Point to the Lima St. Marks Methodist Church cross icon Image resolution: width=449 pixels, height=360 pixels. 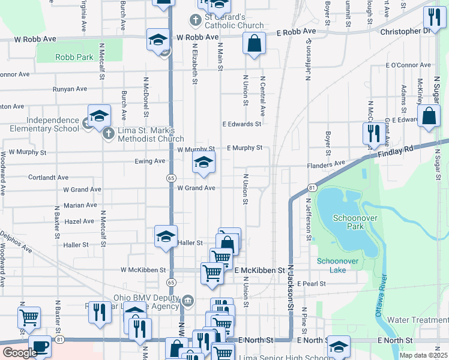109,133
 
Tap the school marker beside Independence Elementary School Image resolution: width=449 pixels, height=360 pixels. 100,115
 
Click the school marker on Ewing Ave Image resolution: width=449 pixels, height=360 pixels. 203,162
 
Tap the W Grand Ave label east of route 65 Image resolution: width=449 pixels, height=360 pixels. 196,188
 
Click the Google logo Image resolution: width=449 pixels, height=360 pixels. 19,353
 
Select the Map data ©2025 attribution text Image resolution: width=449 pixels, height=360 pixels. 424,355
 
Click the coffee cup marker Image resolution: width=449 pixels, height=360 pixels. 40,347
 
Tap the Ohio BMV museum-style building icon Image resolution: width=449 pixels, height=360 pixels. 187,300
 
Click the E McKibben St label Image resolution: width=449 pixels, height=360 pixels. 259,271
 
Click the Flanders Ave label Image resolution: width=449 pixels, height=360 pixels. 325,163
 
